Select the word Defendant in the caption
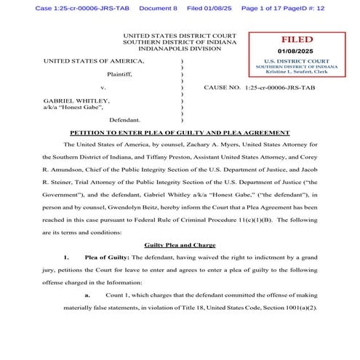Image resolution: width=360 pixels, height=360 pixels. point(124,119)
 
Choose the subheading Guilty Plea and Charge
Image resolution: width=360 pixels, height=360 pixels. point(180,245)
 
